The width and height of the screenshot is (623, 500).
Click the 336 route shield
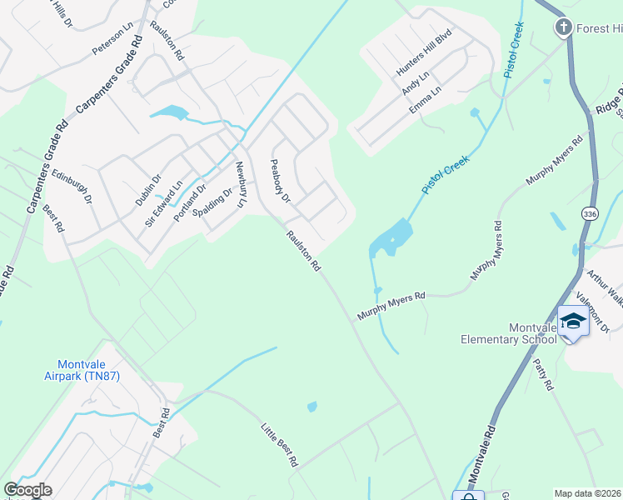(590, 214)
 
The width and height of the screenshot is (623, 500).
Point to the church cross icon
(563, 28)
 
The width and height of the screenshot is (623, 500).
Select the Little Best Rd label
(280, 445)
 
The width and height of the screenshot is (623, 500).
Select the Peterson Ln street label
(112, 40)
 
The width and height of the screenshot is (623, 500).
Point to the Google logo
(27, 490)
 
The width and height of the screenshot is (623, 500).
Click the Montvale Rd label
(481, 466)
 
